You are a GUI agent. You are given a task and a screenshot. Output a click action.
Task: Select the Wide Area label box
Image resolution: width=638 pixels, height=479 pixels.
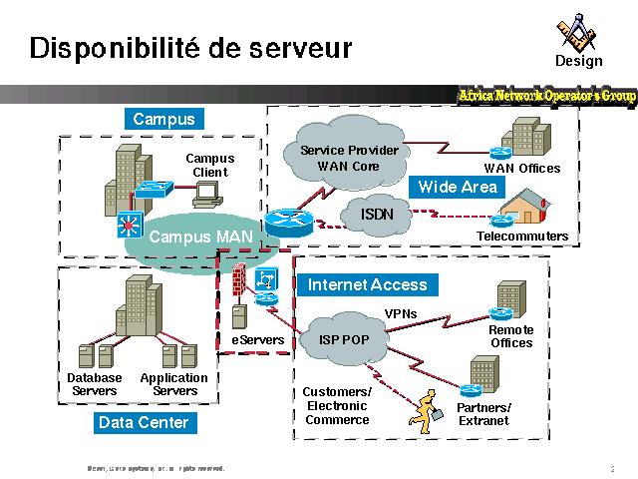point(458,187)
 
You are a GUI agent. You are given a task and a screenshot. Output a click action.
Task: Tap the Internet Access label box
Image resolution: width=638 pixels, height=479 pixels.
point(367,284)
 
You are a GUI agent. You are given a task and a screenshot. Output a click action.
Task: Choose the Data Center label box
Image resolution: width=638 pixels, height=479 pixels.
point(144,423)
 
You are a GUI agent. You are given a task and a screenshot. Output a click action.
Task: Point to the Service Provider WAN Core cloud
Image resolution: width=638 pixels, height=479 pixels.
point(349,157)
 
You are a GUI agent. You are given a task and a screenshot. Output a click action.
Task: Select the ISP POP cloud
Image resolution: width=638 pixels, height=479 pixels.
point(344,339)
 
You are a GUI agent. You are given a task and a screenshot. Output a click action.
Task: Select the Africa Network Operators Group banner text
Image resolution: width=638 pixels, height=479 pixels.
point(547,95)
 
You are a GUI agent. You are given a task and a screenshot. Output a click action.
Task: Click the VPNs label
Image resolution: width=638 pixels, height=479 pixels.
point(401,314)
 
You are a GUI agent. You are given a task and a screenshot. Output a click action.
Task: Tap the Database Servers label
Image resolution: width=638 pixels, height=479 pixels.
point(95,384)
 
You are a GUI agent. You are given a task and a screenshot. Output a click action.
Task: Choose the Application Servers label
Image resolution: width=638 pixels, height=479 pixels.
point(174,384)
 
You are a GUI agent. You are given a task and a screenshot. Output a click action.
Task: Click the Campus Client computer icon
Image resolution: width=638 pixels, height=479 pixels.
point(206,196)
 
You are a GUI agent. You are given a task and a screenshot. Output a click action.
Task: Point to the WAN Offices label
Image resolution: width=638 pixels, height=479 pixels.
point(522,169)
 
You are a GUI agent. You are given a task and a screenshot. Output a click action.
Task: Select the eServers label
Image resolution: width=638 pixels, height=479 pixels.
point(258,340)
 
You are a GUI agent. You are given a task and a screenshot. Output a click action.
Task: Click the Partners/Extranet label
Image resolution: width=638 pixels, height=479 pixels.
point(483,414)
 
